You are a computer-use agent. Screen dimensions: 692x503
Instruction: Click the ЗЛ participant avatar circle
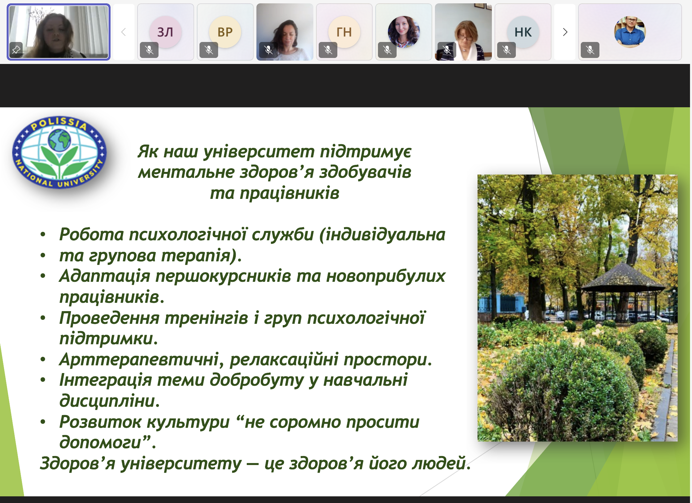coord(165,32)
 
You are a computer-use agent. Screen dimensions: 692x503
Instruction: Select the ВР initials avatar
coord(225,32)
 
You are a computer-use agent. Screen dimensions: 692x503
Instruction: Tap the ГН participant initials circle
coord(344,32)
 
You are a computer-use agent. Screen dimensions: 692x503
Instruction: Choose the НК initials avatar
coord(523,32)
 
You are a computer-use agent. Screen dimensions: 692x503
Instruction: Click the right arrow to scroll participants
coord(565,32)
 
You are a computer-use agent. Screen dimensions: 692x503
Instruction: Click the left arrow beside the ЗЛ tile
coord(124,32)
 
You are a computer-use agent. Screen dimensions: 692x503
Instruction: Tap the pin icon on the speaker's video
coord(16,50)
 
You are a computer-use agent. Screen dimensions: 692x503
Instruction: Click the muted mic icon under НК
coord(506,50)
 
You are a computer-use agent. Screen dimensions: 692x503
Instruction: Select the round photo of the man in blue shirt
coord(630,32)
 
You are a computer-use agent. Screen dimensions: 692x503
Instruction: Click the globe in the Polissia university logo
coord(59,140)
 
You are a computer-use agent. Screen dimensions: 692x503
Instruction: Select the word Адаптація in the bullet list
coord(105,276)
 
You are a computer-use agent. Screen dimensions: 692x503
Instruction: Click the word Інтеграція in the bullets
coord(106,380)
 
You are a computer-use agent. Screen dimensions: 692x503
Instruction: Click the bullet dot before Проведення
coord(43,318)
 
